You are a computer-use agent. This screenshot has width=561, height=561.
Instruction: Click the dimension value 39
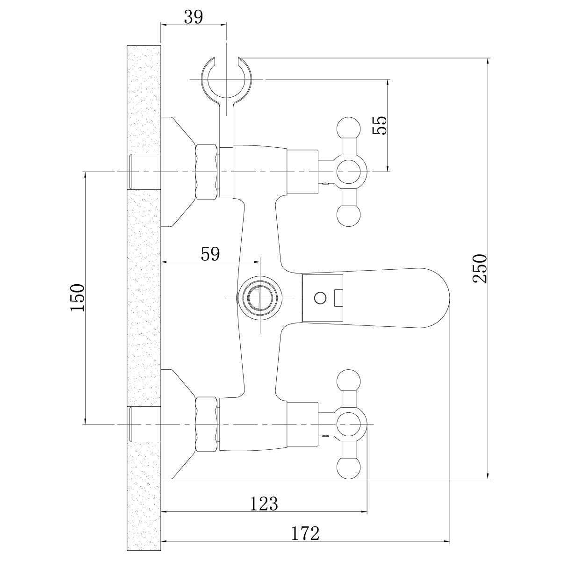pos(193,17)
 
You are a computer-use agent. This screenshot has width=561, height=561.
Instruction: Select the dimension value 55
pos(381,125)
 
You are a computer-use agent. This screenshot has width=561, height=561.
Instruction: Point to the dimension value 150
pos(77,298)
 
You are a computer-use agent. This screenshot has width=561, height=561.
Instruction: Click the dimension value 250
pos(480,268)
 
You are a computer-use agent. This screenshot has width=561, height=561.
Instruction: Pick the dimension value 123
pos(264,503)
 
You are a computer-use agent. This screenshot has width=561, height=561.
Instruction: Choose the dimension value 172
pos(305,533)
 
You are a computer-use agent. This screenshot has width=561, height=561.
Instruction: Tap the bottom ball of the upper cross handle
pos(349,216)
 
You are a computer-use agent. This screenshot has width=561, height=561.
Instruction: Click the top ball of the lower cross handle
pos(349,381)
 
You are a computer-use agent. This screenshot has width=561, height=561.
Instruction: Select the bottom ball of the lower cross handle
pos(349,467)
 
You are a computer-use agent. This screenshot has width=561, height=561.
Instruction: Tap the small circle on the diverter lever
pos(320,297)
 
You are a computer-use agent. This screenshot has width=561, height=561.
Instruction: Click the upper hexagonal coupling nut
pos(207,172)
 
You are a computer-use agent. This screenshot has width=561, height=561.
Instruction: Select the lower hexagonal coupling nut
pos(207,424)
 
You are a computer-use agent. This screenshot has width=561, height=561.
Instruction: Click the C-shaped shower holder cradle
pos(226,79)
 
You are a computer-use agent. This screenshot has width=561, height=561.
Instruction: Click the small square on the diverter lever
pos(339,297)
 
